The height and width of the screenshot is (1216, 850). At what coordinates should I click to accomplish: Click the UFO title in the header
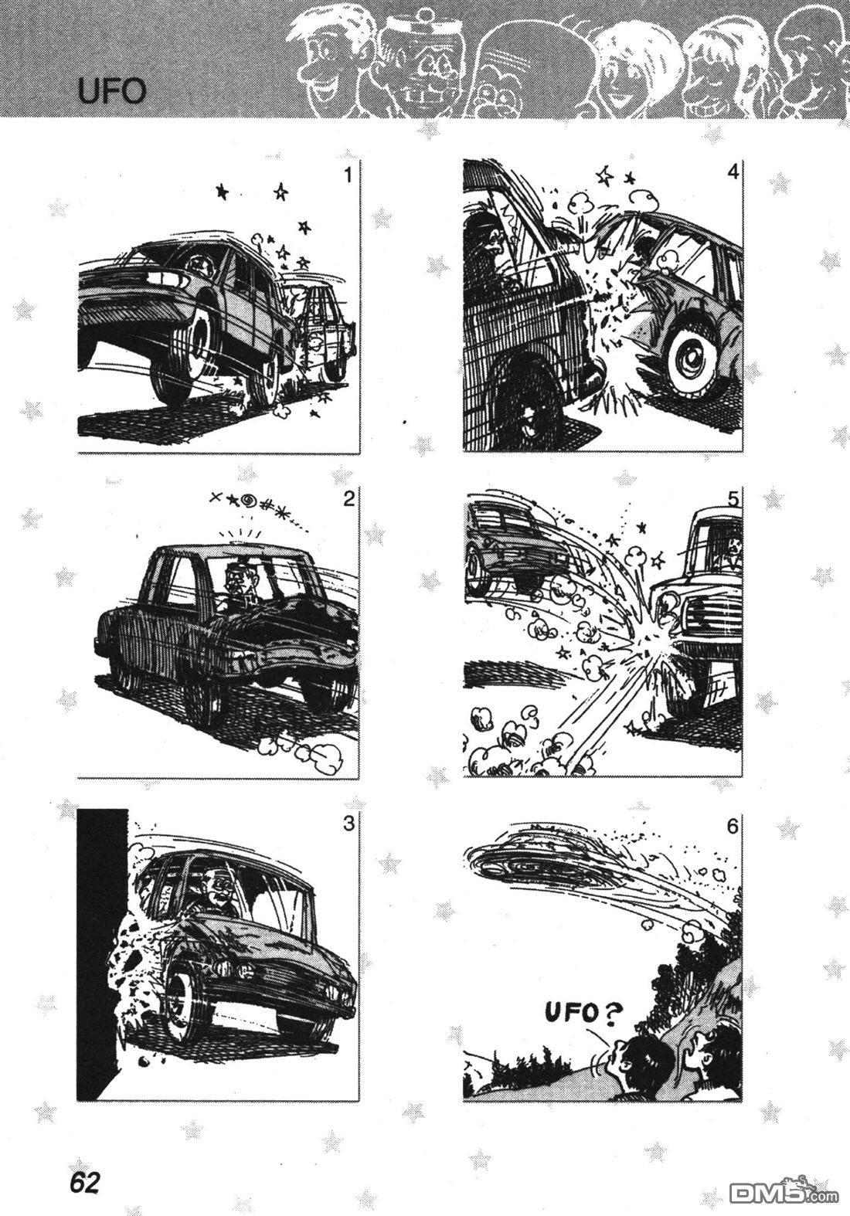tap(112, 92)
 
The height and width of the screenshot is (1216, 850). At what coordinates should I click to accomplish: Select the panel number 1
tap(348, 175)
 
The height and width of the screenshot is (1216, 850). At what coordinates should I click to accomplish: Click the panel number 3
tap(348, 824)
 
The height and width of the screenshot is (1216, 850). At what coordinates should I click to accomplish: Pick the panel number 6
tap(733, 827)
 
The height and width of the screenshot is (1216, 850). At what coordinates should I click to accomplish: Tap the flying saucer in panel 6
tap(535, 861)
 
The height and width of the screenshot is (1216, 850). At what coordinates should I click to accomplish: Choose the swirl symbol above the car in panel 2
tap(250, 501)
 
